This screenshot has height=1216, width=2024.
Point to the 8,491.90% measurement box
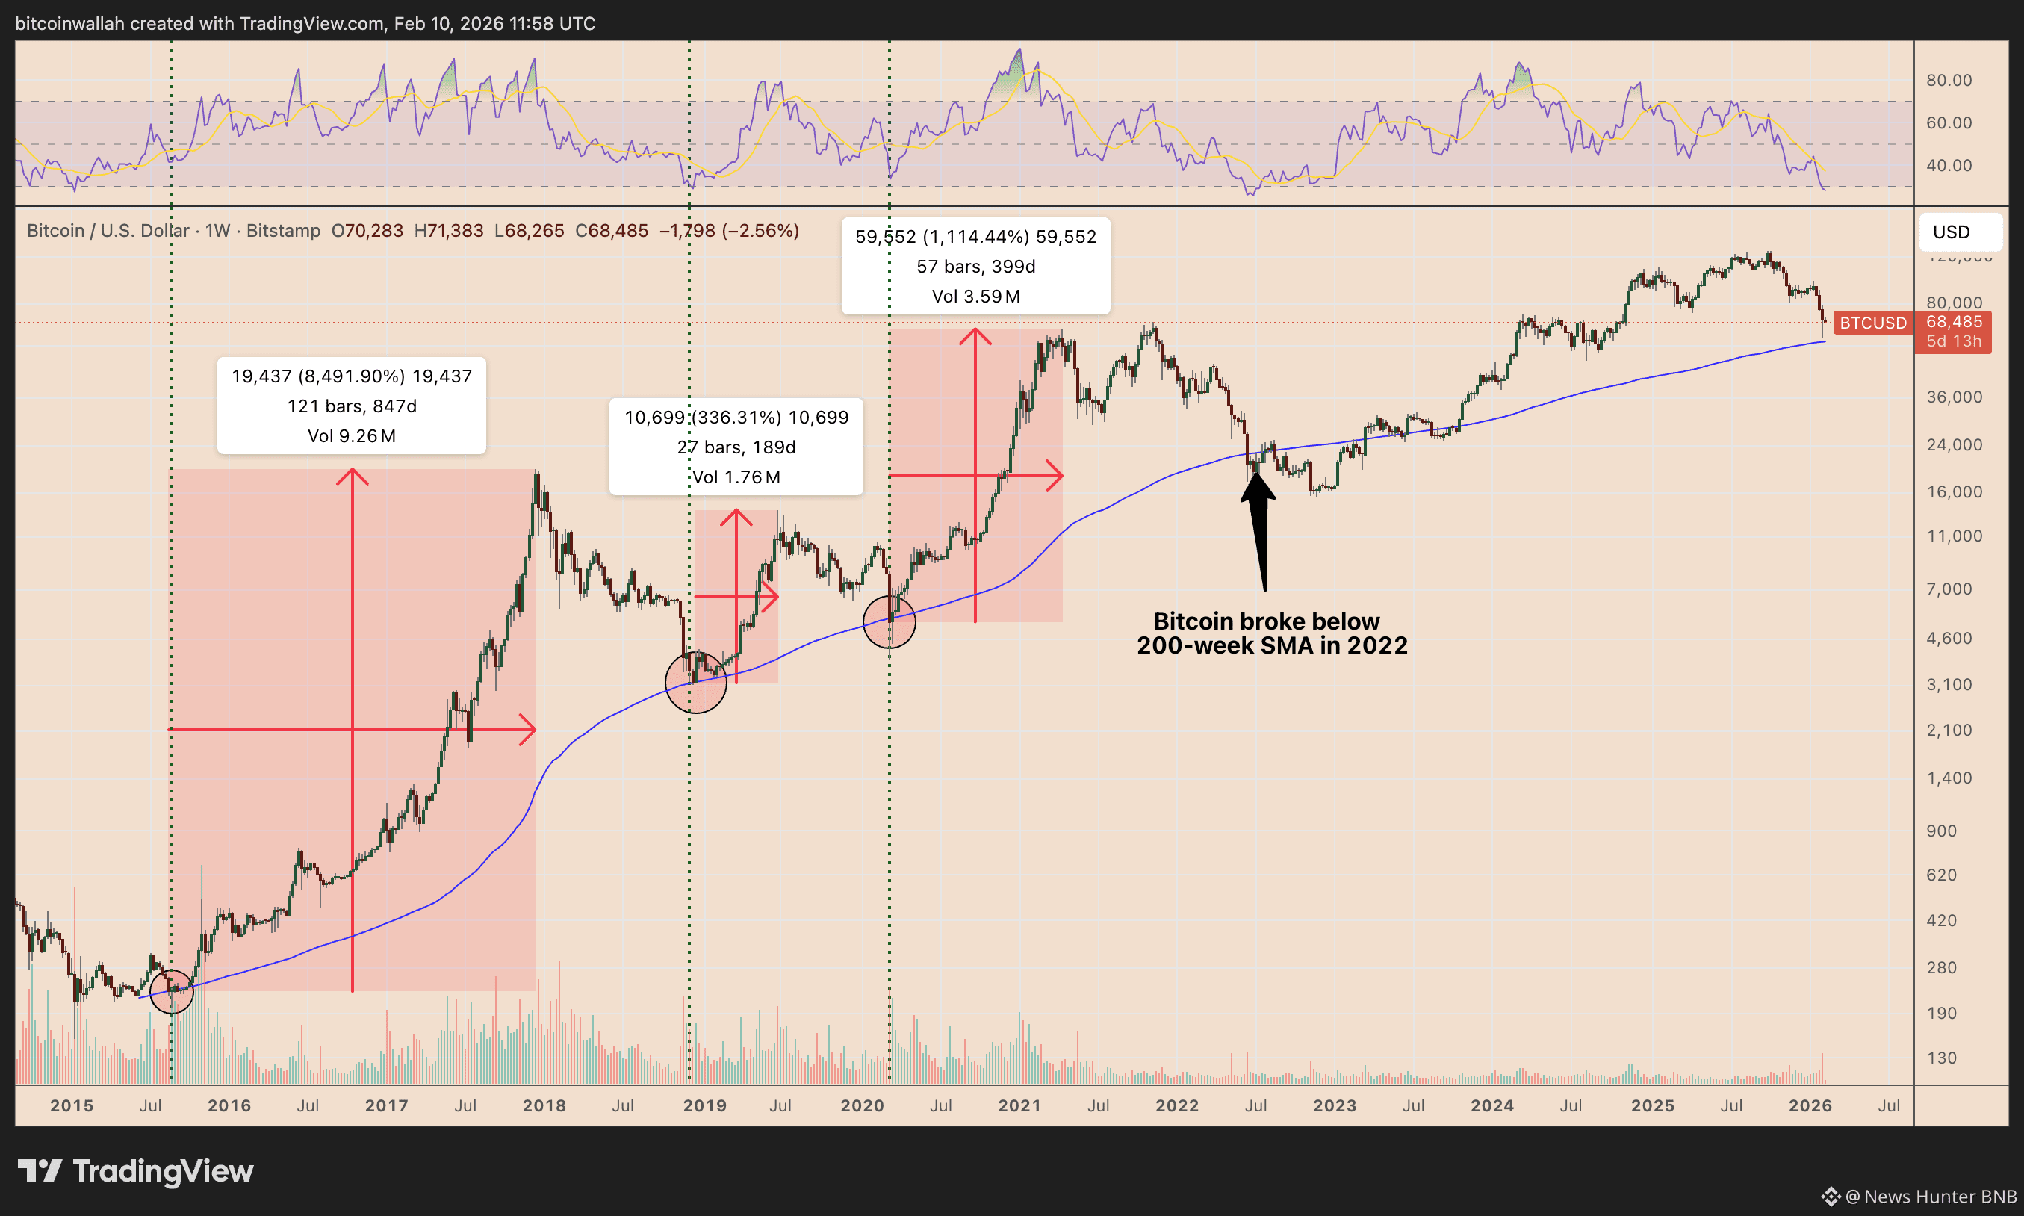(x=351, y=406)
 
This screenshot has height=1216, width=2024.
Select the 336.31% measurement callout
(x=736, y=447)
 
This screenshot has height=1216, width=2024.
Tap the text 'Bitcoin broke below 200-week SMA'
(x=1272, y=633)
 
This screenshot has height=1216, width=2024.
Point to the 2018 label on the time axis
(x=544, y=1105)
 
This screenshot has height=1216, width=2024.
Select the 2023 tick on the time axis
(x=1335, y=1105)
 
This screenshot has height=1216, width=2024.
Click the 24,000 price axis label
(x=1955, y=445)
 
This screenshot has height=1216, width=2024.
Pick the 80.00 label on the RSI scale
(x=1949, y=81)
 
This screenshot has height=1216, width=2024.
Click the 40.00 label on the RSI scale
(x=1949, y=166)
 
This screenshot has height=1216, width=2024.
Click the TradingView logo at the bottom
(x=136, y=1171)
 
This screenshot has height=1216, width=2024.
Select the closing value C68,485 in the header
(x=611, y=231)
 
